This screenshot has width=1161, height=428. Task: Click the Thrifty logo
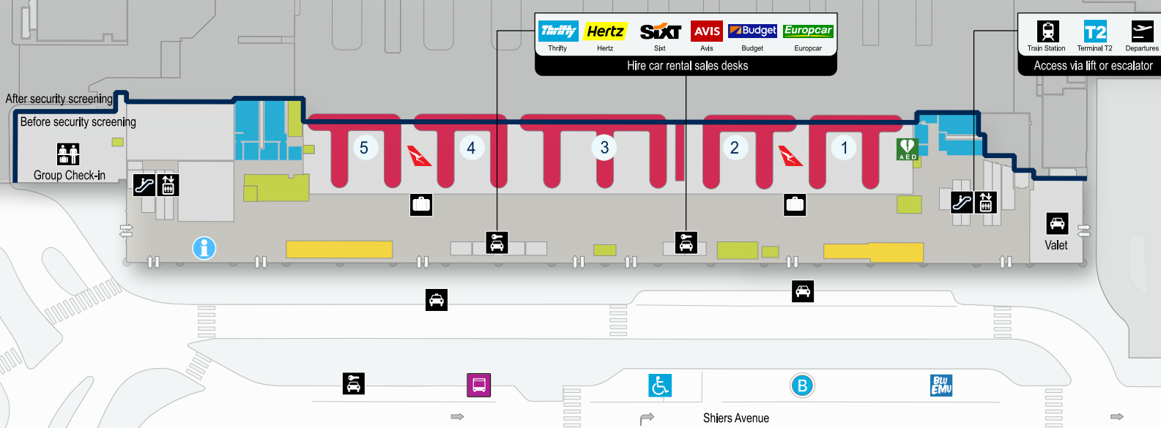point(558,31)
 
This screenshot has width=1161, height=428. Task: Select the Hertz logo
point(605,31)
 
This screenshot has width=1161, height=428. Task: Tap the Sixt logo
point(660,31)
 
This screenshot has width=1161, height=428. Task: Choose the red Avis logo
point(707,31)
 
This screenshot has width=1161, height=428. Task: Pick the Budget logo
point(752,31)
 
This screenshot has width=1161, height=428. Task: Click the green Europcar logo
point(808,31)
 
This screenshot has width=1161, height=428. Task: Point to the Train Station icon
point(1047,31)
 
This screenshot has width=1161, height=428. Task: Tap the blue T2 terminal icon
point(1095,31)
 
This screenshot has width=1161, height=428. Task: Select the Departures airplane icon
point(1142,31)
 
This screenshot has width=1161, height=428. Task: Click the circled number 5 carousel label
point(364,147)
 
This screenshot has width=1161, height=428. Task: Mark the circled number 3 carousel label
point(604,147)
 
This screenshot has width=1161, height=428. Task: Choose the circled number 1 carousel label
point(844,148)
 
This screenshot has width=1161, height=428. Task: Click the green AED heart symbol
point(908,149)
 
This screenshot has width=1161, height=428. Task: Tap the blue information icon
point(204,248)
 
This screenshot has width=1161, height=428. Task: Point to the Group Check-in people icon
point(68,154)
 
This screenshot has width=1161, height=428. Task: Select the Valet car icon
point(1057,223)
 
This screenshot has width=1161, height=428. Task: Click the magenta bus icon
point(479,385)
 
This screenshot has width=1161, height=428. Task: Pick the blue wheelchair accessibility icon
point(660,385)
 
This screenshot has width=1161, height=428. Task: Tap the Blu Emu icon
point(941,385)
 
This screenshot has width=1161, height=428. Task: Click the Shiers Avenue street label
point(736,418)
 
